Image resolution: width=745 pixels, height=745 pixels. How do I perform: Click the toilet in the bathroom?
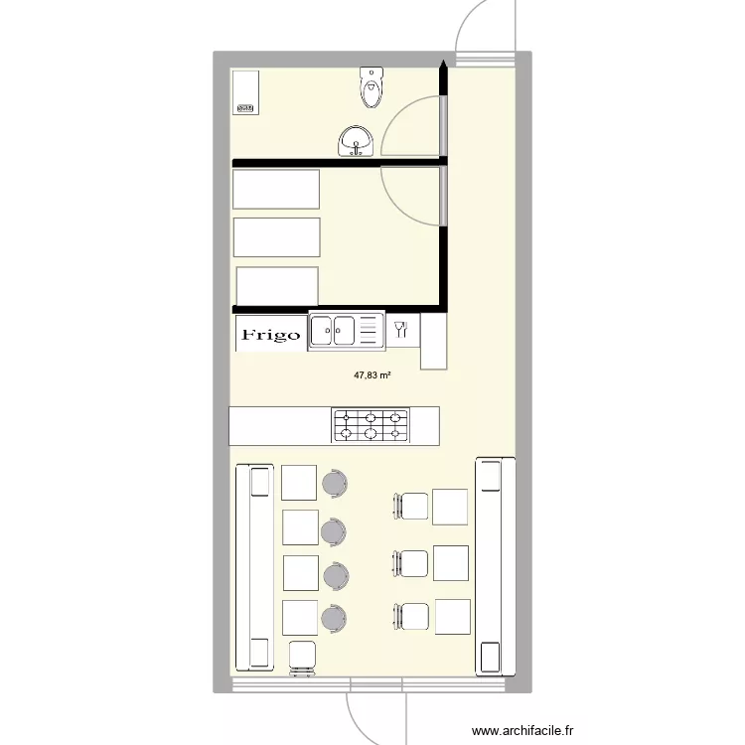[x=371, y=87]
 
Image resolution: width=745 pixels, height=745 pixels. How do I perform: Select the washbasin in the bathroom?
[x=355, y=142]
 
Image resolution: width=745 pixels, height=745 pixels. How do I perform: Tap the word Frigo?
[x=271, y=335]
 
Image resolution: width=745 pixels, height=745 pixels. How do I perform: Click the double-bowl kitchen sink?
[x=346, y=331]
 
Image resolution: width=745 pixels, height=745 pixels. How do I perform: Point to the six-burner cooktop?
[x=370, y=425]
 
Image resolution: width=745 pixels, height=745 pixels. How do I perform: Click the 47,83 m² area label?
[x=372, y=376]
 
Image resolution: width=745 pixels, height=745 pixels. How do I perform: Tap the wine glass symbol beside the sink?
[x=402, y=330]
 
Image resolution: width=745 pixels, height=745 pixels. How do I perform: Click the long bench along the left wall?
[x=254, y=566]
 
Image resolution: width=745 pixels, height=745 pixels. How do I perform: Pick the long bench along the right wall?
[x=495, y=566]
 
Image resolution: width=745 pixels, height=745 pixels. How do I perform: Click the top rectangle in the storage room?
[x=276, y=189]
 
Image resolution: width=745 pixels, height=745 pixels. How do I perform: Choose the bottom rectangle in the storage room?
[x=277, y=285]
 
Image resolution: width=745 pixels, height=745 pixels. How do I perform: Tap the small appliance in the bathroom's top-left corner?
[x=244, y=90]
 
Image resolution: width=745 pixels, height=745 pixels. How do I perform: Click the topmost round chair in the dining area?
[x=335, y=484]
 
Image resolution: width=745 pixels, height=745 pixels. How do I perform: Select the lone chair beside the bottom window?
[x=301, y=658]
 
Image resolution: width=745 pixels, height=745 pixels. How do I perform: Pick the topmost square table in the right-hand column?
[x=450, y=507]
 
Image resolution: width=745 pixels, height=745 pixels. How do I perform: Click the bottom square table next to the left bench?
[x=300, y=618]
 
